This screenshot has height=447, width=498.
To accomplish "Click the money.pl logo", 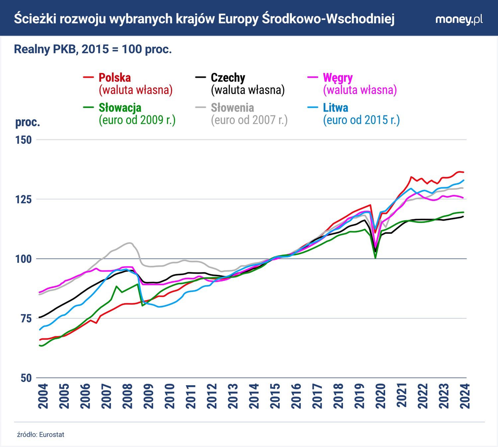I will click(459, 19).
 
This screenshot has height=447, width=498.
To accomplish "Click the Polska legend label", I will click(115, 78).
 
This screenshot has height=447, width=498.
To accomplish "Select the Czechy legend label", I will click(228, 78).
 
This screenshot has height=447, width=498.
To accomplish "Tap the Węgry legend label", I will click(338, 78).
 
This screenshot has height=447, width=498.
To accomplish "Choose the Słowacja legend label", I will click(120, 108).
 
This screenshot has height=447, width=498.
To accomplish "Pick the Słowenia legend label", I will click(232, 108).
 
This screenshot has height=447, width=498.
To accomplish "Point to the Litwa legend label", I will click(335, 108).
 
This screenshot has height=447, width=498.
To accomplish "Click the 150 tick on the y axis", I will click(24, 140).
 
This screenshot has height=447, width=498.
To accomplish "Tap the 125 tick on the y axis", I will click(24, 199).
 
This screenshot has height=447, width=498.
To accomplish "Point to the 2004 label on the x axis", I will click(43, 396).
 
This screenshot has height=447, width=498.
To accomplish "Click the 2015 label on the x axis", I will click(275, 396).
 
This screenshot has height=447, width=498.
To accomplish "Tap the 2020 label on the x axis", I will click(380, 396).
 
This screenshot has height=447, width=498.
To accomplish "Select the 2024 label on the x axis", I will click(465, 396).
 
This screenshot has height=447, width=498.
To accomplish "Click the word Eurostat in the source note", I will click(51, 435).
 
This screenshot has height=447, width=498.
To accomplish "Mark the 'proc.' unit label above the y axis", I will click(28, 122).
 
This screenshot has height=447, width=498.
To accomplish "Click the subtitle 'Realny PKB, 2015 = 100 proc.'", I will click(93, 49).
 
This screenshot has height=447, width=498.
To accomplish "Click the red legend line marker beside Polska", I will click(88, 78).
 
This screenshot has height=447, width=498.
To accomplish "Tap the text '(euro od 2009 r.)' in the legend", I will click(137, 120).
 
